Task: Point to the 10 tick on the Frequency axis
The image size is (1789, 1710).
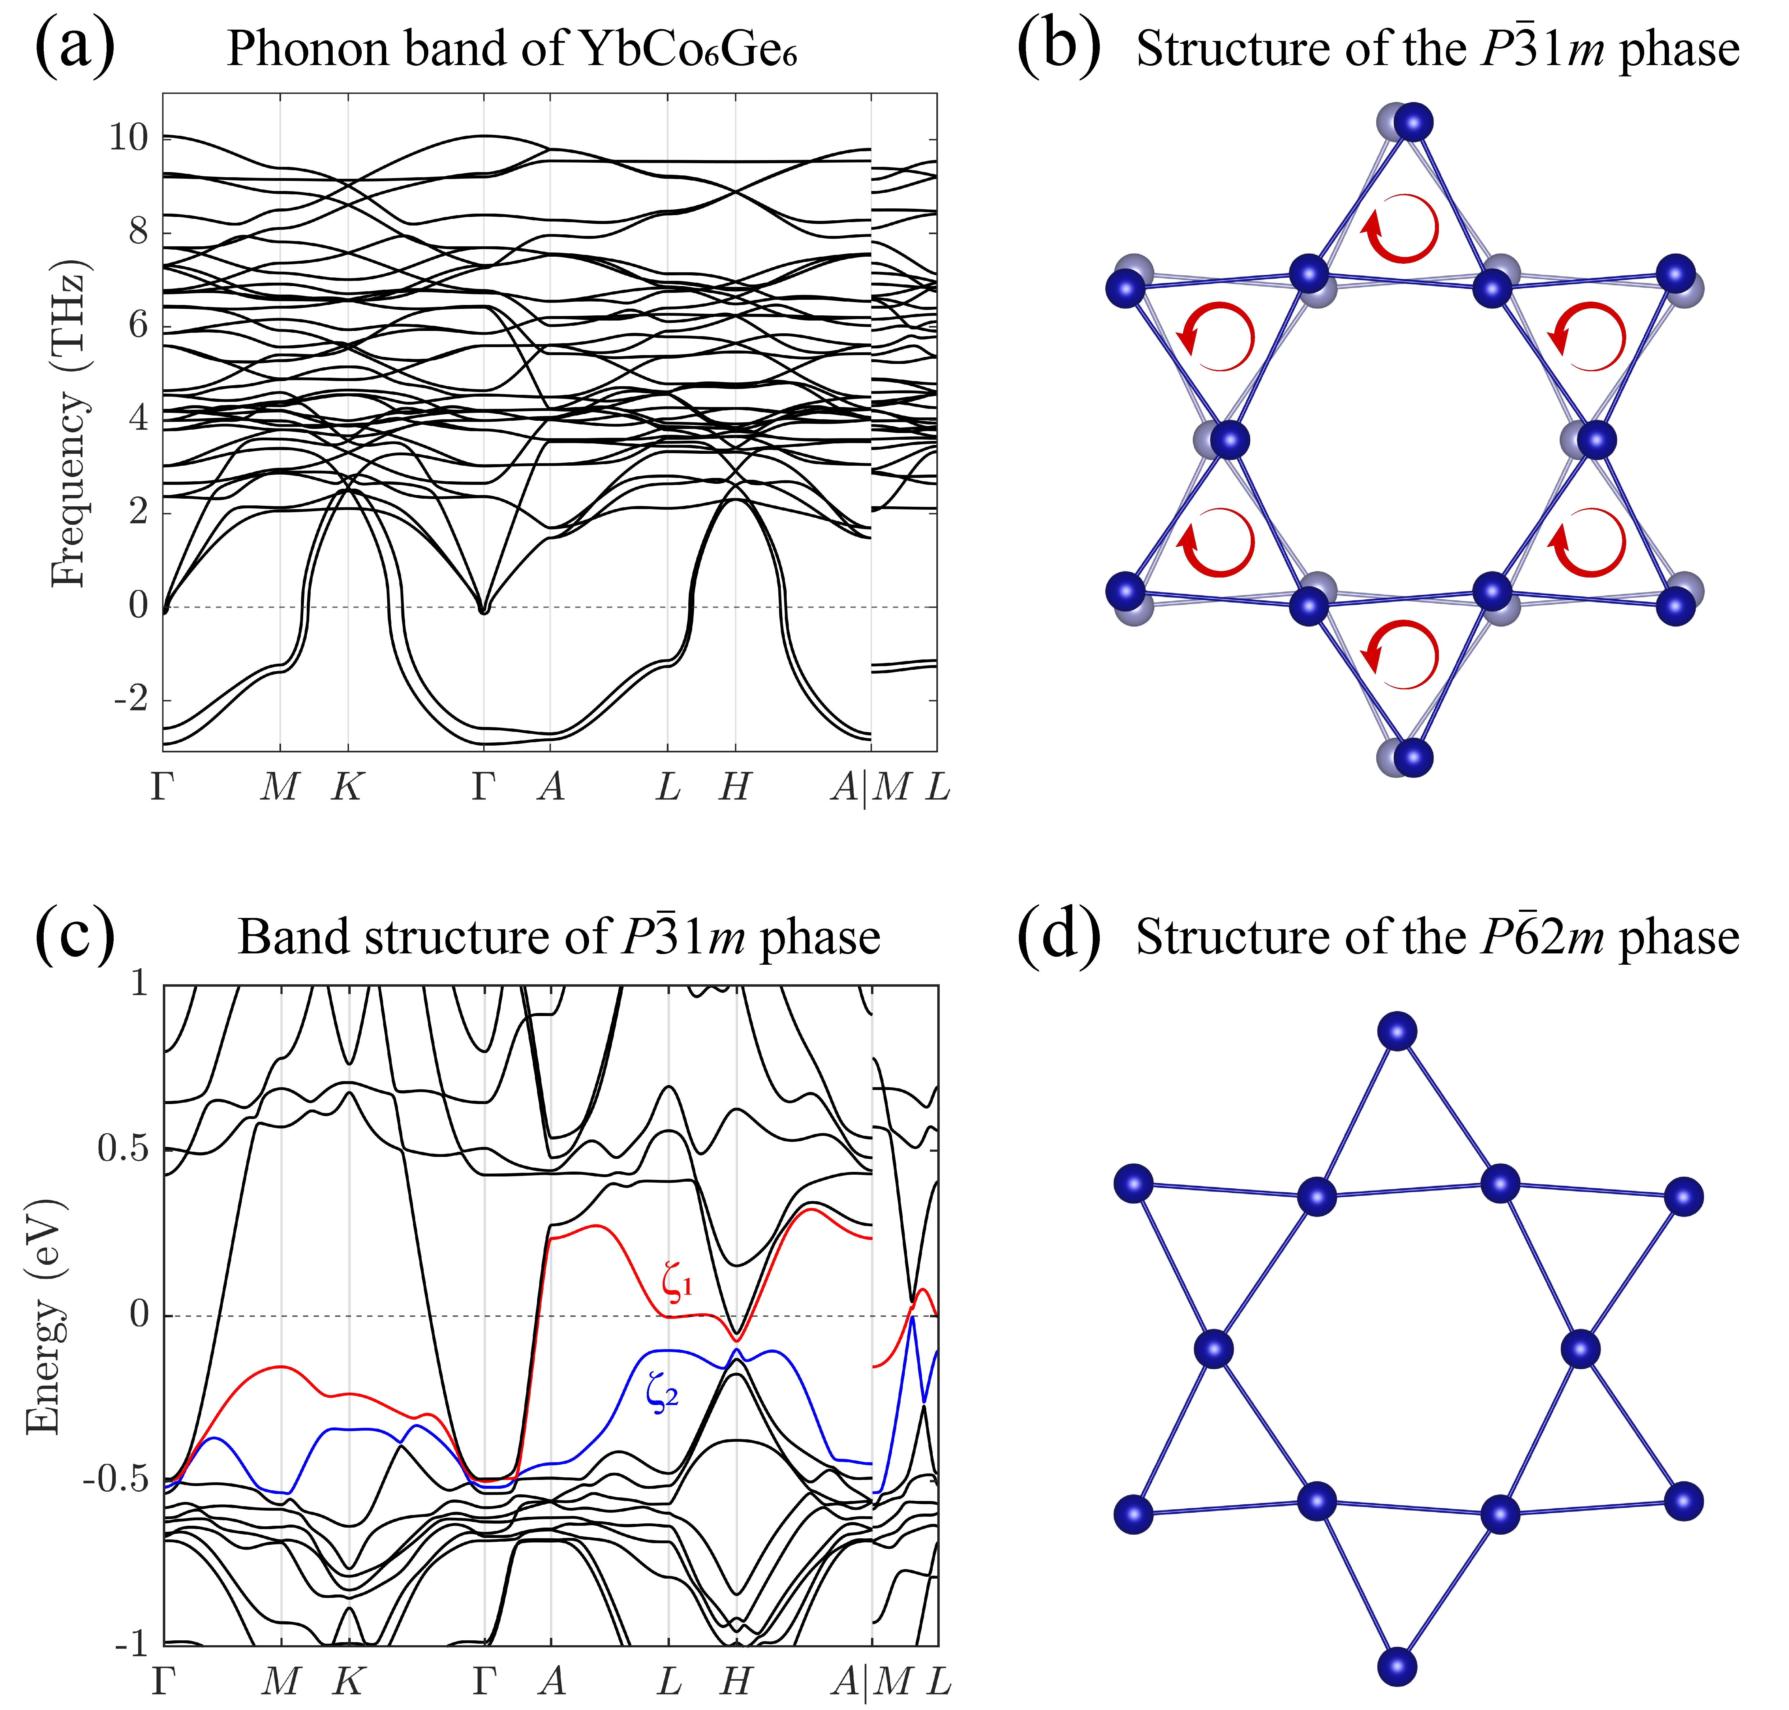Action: [x=128, y=138]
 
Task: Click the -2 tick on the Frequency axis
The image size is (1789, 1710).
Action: [x=130, y=700]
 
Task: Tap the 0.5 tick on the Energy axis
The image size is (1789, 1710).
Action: [x=123, y=1149]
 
